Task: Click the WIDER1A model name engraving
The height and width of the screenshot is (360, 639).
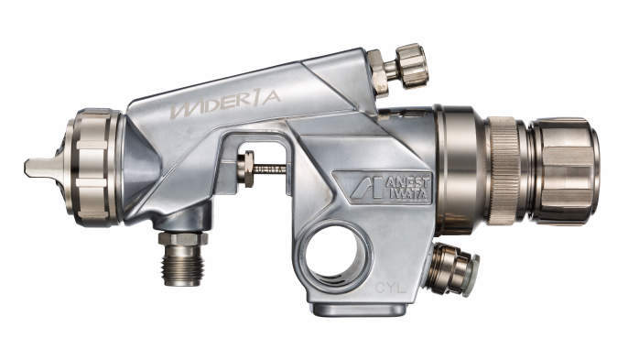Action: pyautogui.click(x=225, y=104)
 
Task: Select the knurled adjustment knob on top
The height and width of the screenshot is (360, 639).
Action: pyautogui.click(x=412, y=66)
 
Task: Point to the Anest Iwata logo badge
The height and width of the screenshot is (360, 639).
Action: pyautogui.click(x=383, y=188)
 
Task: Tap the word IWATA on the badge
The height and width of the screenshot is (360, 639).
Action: pyautogui.click(x=408, y=193)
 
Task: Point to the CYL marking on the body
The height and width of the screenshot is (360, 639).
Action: pyautogui.click(x=390, y=289)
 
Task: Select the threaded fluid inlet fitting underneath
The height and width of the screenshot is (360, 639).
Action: pyautogui.click(x=182, y=258)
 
